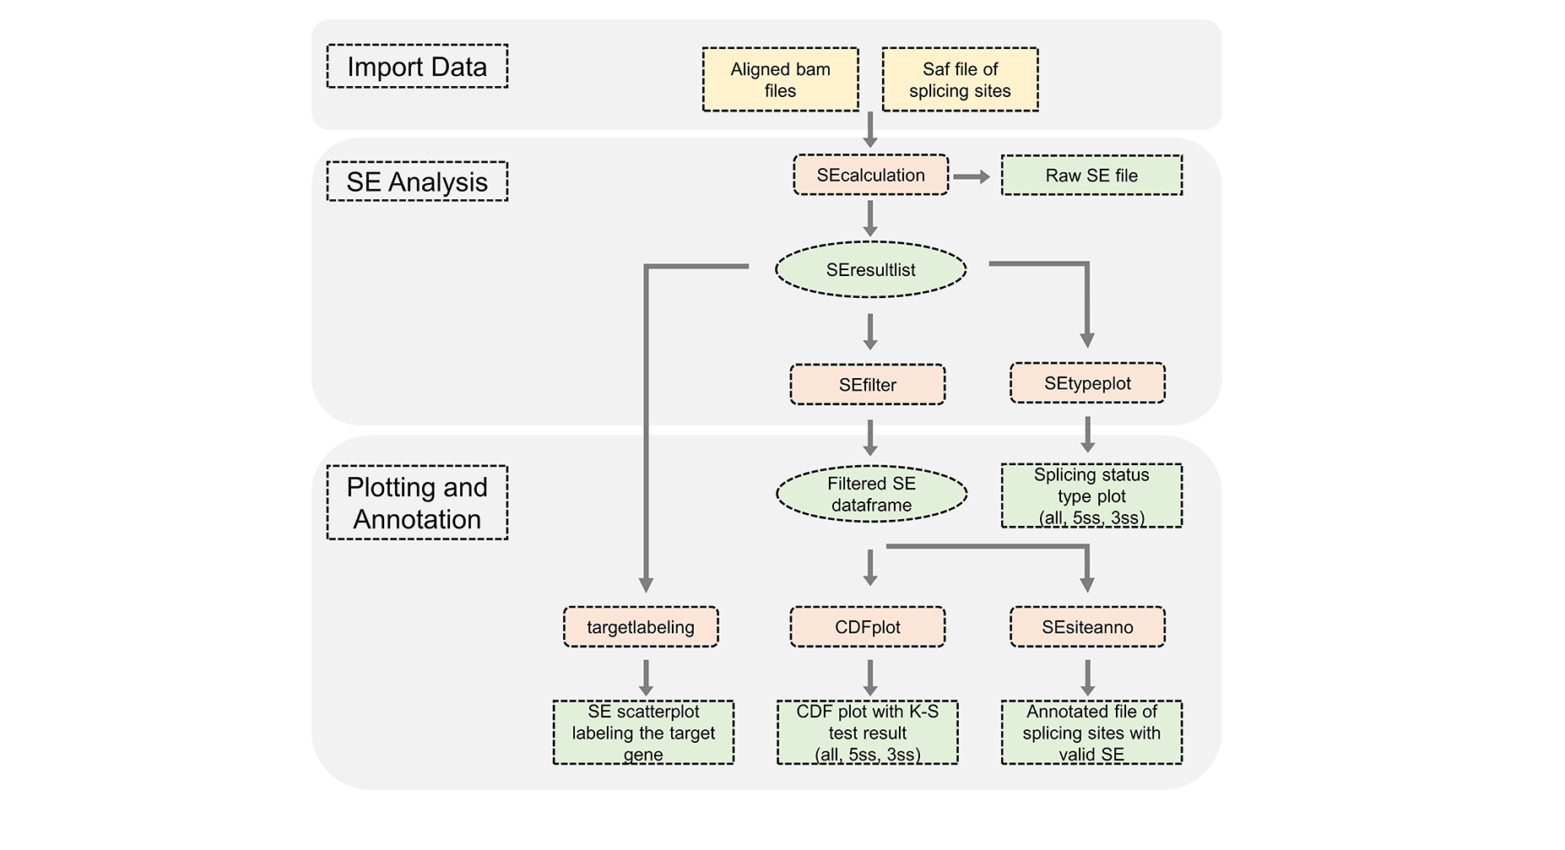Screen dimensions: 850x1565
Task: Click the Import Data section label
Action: coord(417,67)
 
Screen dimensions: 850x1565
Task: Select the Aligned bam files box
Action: coord(780,79)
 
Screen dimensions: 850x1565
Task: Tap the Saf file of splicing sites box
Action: coord(960,79)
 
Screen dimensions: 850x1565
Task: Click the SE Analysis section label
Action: coord(417,181)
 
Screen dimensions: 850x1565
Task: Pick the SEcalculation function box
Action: coord(870,175)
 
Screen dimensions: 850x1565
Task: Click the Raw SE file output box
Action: coord(1091,176)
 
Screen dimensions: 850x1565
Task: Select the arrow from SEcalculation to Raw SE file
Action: coord(972,176)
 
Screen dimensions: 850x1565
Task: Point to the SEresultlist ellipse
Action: coord(870,270)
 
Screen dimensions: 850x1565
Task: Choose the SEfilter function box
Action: coord(867,385)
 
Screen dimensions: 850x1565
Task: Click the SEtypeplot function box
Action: coord(1087,383)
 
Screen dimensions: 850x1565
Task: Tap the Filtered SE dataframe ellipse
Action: coord(871,494)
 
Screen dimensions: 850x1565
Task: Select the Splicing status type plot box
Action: coord(1091,496)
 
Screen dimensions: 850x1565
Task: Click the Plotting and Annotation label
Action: coord(417,503)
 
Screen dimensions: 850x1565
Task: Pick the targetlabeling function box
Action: coord(641,627)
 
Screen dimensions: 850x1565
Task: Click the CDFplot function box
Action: coord(867,627)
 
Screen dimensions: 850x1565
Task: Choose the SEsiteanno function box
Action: coord(1087,627)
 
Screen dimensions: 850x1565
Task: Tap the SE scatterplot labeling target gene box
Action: coord(643,733)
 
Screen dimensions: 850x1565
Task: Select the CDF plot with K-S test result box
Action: coord(867,733)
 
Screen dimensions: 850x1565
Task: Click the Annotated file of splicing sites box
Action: coord(1091,733)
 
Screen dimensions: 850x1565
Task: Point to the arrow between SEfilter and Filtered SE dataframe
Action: coord(870,437)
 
